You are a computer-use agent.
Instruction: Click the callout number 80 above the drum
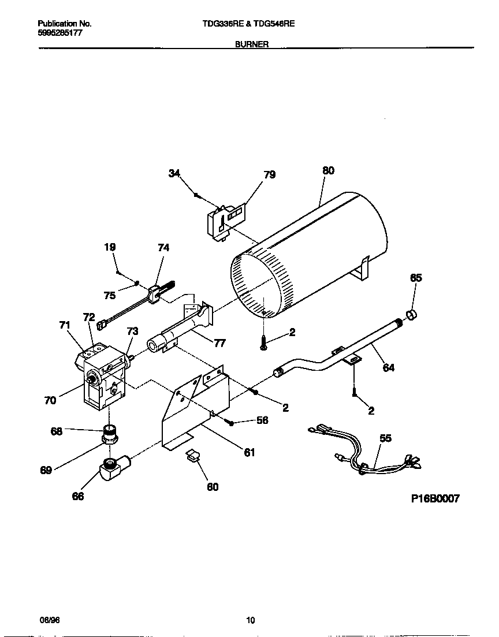pyautogui.click(x=328, y=171)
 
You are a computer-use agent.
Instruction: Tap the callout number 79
pyautogui.click(x=269, y=174)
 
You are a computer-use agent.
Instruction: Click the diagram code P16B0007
pyautogui.click(x=435, y=499)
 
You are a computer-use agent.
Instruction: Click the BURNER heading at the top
pyautogui.click(x=251, y=44)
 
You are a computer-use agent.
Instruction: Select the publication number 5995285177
pyautogui.click(x=59, y=33)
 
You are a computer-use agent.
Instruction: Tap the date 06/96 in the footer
pyautogui.click(x=50, y=620)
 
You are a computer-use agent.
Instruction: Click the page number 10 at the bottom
pyautogui.click(x=250, y=620)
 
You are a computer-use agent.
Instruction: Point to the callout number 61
pyautogui.click(x=249, y=453)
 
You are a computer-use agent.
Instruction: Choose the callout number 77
pyautogui.click(x=219, y=343)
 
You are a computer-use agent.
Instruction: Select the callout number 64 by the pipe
pyautogui.click(x=389, y=367)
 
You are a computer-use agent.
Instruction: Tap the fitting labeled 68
pyautogui.click(x=110, y=431)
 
